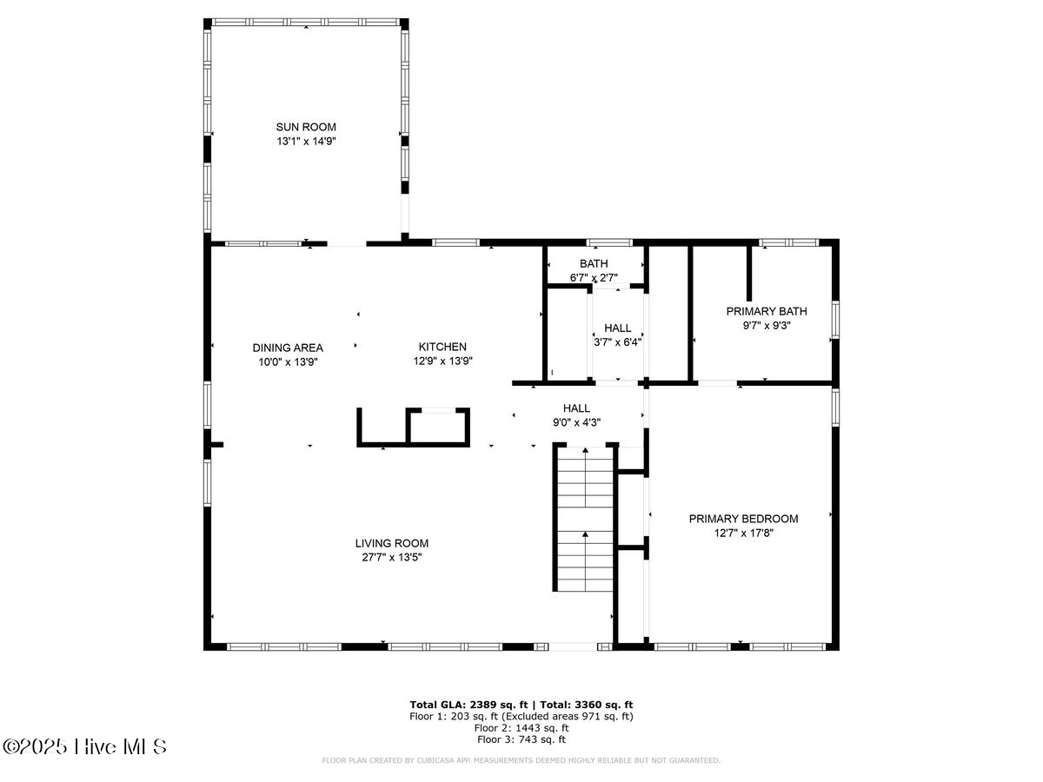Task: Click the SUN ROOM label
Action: [x=306, y=127]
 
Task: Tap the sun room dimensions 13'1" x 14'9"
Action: [x=306, y=141]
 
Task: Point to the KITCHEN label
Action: [x=443, y=346]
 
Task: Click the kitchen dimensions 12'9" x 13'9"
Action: [x=443, y=361]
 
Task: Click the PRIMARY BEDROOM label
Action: [x=743, y=519]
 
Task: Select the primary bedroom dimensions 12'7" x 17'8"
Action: [x=743, y=533]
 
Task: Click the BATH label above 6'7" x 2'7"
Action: [x=594, y=263]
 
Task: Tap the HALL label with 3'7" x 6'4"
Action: [x=618, y=328]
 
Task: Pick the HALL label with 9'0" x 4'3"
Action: [x=576, y=408]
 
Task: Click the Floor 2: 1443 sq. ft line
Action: [x=521, y=728]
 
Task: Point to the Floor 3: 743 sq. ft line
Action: [x=521, y=739]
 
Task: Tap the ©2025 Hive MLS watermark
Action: [x=84, y=746]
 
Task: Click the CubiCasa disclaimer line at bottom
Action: [x=521, y=760]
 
